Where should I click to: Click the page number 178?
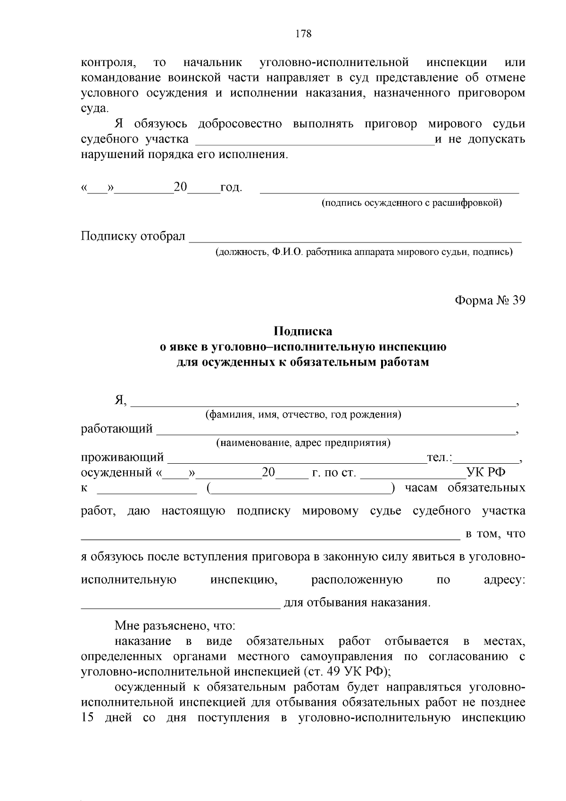click(303, 34)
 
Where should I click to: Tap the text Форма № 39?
click(490, 300)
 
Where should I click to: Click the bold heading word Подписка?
click(303, 331)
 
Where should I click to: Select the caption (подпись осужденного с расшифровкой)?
click(412, 203)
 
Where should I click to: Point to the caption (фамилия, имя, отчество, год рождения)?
click(303, 415)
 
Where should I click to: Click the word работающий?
click(117, 429)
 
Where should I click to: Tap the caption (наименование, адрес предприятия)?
click(303, 443)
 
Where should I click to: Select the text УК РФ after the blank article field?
click(486, 473)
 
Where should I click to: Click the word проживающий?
click(123, 458)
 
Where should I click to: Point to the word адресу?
click(504, 580)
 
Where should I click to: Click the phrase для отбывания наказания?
click(357, 603)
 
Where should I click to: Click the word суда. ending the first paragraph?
click(94, 108)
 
